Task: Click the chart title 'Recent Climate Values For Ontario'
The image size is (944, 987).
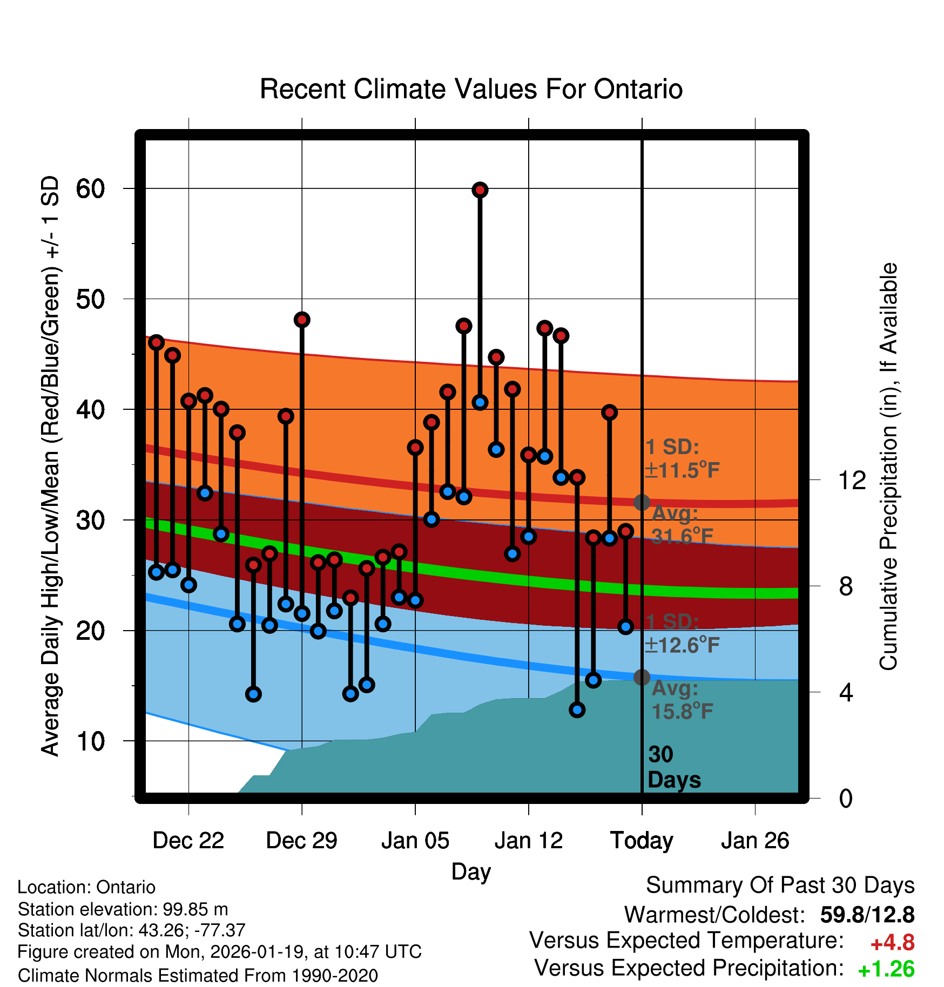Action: [471, 89]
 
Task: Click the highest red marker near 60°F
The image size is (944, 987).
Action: [480, 190]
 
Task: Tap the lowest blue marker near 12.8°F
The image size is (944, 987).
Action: [577, 709]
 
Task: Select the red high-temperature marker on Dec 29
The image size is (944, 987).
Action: [302, 320]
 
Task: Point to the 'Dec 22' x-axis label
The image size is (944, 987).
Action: [188, 841]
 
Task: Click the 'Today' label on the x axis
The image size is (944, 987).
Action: [642, 841]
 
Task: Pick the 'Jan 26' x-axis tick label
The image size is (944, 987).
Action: [755, 841]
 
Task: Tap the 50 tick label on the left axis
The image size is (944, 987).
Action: [90, 299]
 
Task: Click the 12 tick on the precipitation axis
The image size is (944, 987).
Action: [852, 480]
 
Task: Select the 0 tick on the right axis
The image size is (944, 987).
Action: [846, 799]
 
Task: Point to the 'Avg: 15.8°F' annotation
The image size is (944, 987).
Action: [682, 700]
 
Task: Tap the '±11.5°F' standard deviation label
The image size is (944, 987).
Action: [682, 470]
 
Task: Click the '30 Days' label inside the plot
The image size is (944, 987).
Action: [673, 767]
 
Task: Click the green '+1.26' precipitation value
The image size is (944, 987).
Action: [886, 969]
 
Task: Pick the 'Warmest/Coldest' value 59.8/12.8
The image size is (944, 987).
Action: [867, 915]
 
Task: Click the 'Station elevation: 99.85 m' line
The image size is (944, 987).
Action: [123, 909]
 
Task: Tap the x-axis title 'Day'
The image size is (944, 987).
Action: [471, 871]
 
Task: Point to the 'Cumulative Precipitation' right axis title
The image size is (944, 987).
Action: [888, 467]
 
